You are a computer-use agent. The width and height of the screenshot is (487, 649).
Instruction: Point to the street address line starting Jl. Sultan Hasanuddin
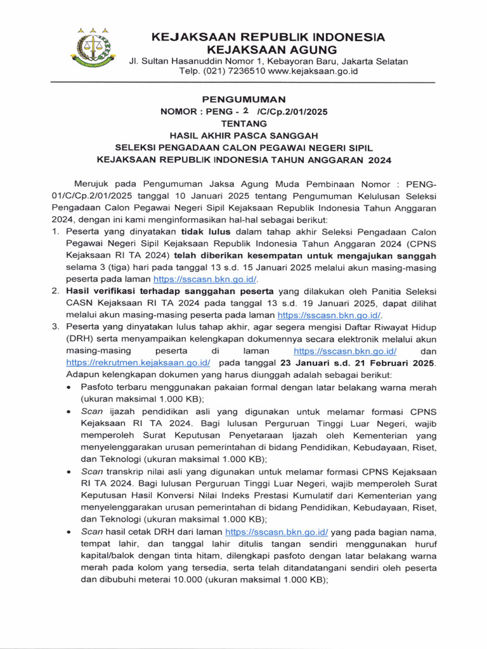[268, 61]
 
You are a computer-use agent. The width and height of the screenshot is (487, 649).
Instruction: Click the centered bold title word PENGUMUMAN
[243, 100]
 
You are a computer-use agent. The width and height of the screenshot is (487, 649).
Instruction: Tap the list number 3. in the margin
[56, 327]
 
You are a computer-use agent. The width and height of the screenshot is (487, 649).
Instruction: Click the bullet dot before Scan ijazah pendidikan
[68, 411]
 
